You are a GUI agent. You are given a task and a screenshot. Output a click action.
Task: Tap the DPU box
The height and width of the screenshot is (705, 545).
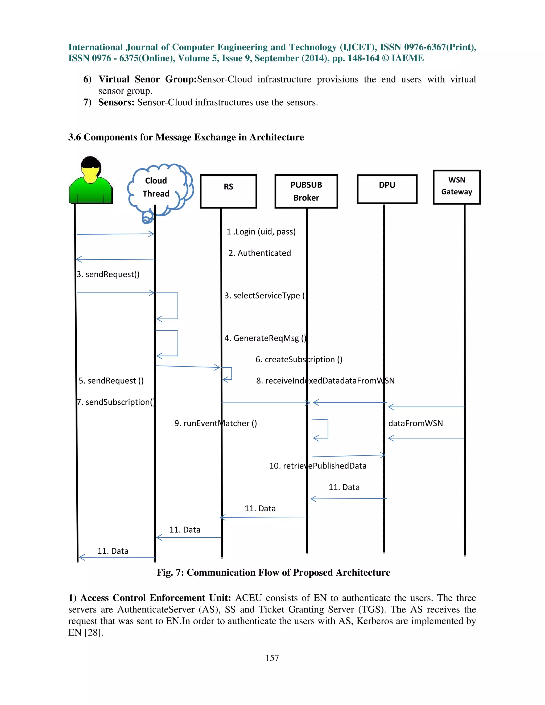point(387,189)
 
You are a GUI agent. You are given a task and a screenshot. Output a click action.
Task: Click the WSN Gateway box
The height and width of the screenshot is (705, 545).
point(457,187)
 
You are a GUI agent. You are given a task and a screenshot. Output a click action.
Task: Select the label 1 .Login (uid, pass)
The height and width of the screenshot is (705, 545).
point(261,232)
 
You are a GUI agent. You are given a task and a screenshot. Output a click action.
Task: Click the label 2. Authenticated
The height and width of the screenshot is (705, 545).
point(259,253)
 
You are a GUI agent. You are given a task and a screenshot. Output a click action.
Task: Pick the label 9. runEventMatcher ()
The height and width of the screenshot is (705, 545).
point(215,423)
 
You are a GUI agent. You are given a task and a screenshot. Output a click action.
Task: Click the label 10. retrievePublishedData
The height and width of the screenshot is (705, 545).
point(318,466)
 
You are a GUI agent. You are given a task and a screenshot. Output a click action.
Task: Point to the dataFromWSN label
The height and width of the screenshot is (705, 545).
point(415,423)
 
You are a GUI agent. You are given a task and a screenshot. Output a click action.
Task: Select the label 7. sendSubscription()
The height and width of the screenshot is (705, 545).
point(115,402)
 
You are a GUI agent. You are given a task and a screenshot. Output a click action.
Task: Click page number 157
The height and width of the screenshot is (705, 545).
point(272,658)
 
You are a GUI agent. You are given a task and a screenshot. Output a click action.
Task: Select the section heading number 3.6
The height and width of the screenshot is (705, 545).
point(75,137)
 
